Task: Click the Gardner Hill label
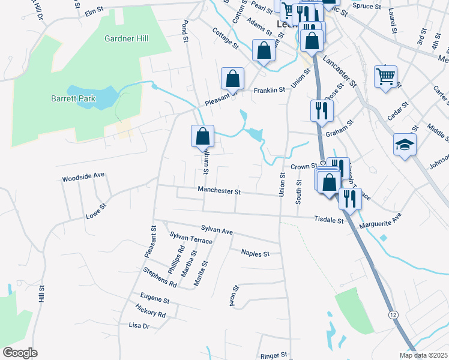126,38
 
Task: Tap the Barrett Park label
73,98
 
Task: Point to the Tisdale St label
328,220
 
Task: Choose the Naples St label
255,254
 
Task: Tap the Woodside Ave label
83,178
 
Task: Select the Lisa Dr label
139,326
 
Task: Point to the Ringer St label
274,356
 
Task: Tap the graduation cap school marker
405,145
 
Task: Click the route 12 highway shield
393,314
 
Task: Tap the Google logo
20,353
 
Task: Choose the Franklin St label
268,91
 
